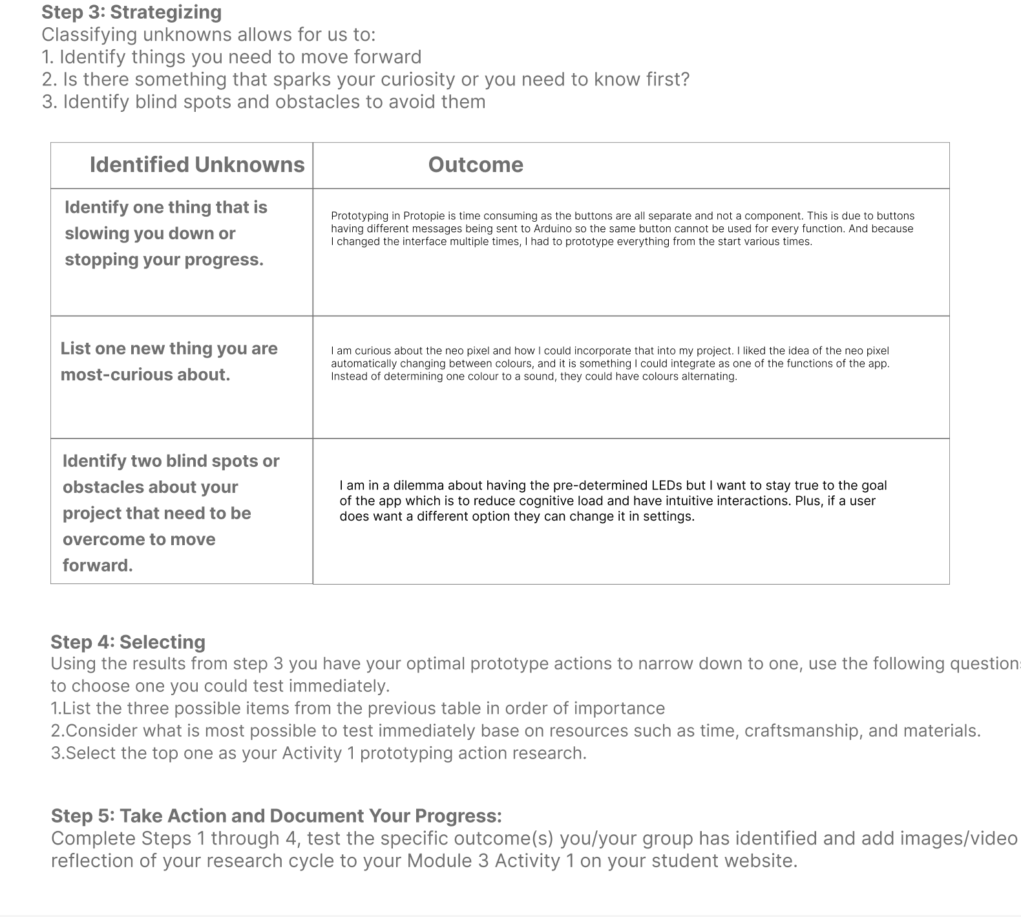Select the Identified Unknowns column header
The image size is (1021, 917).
196,165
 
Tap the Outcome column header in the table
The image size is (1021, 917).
476,165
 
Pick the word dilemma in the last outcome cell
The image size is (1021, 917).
418,486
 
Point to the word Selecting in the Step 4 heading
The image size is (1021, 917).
162,642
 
